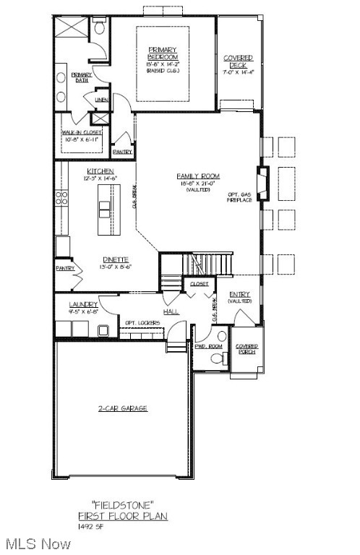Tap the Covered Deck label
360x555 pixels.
coord(238,61)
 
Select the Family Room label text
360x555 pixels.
coord(198,176)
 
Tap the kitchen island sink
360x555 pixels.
coord(106,209)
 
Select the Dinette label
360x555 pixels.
coord(115,259)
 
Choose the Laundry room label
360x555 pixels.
coord(83,304)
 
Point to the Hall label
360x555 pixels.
coord(171,311)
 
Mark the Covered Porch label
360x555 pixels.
coord(247,350)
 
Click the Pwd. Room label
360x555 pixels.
coord(208,346)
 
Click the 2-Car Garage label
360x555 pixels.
coord(123,408)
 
